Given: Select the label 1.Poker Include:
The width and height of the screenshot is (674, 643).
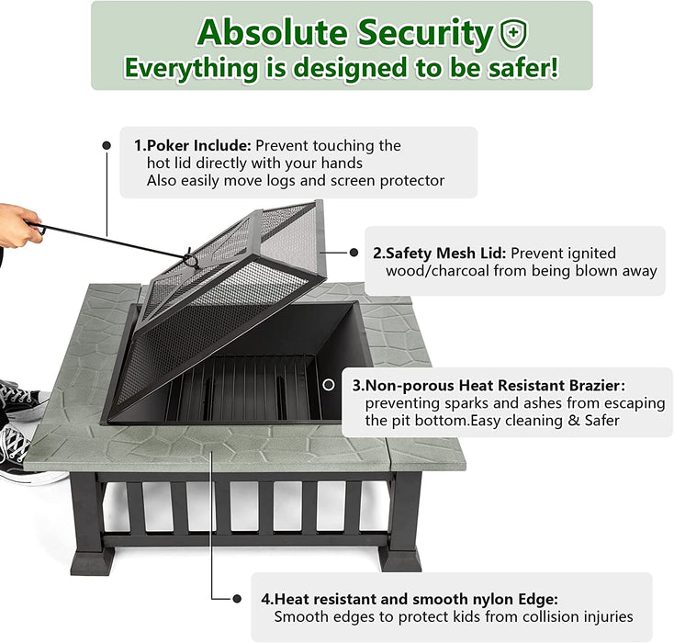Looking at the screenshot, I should pos(192,145).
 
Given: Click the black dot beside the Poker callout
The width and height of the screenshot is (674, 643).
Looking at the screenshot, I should pos(107,145).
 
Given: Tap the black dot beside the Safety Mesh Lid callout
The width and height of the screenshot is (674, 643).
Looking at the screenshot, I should pos(354,253).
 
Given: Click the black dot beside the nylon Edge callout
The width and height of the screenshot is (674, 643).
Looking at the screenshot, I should pos(237,598).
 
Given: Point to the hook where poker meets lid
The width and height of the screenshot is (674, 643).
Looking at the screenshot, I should pos(190,259).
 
